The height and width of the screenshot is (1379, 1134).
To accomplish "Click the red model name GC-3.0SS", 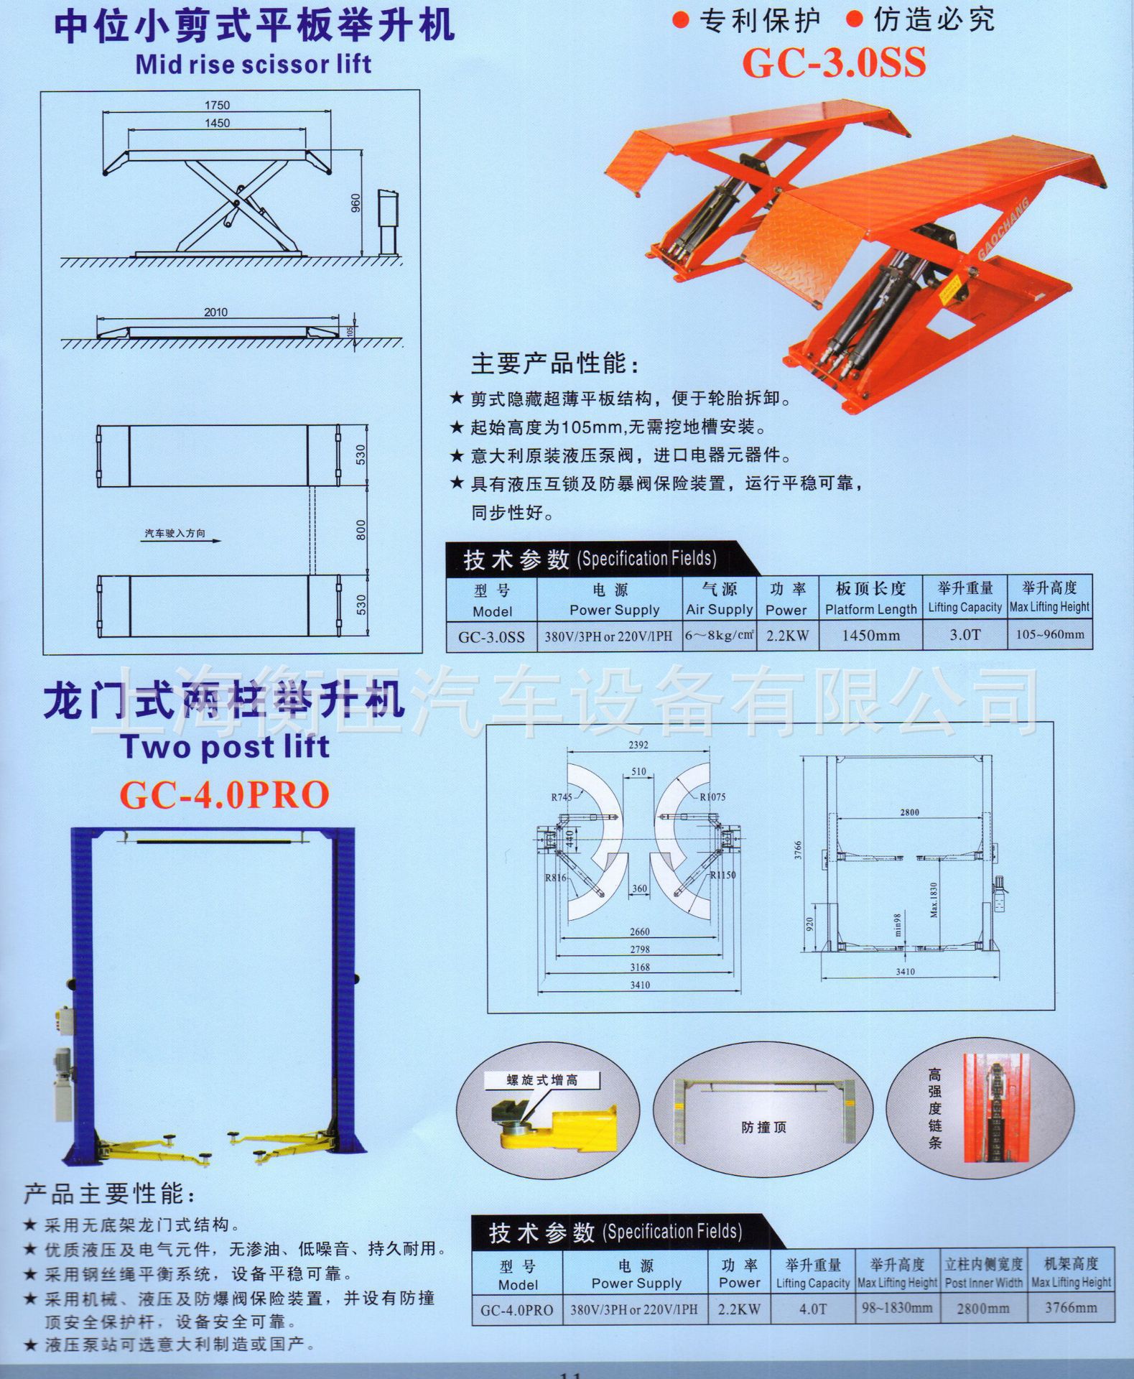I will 833,63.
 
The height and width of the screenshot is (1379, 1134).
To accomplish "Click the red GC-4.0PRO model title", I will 224,794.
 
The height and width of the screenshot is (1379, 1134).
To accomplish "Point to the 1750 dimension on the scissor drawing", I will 217,105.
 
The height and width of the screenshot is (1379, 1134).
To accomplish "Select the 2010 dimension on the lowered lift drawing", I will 215,312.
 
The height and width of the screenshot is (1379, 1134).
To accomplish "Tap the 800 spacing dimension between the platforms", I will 361,530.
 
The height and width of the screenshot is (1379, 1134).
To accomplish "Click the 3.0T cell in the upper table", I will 964,635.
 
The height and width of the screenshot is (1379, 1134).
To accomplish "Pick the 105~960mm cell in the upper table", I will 1049,634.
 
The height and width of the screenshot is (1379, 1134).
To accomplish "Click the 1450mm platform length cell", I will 870,635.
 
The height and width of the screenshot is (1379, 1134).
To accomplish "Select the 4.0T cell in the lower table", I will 812,1309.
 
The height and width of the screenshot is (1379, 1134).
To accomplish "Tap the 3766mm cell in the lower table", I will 1070,1308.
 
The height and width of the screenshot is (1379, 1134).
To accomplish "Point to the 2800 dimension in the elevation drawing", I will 909,812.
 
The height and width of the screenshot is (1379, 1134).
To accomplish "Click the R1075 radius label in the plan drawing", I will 712,797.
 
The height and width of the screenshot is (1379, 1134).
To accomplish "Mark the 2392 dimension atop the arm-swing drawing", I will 638,745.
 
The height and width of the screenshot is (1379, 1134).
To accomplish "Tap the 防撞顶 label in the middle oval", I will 763,1128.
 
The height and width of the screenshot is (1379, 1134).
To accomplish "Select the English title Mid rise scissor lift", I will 254,65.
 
